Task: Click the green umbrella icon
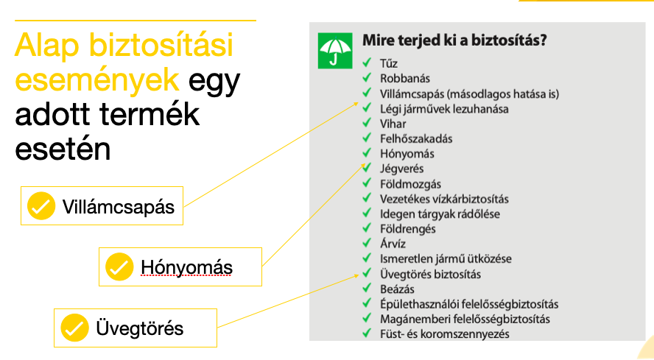335,51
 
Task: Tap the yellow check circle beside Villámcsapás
41,205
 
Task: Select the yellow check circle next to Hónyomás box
119,267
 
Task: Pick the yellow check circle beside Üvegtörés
74,328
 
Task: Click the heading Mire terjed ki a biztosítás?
454,40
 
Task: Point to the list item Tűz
388,63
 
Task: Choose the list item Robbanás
404,79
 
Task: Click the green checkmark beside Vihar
367,123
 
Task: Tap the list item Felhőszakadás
416,138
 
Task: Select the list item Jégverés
401,169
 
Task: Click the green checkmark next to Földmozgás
367,183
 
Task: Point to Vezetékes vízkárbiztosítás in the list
444,199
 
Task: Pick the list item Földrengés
407,229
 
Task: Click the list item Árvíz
393,244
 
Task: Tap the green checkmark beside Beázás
367,288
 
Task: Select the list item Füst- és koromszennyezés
444,334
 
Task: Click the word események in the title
97,80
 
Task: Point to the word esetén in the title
63,149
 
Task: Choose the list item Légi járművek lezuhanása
444,109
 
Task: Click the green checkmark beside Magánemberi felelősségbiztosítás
367,318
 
